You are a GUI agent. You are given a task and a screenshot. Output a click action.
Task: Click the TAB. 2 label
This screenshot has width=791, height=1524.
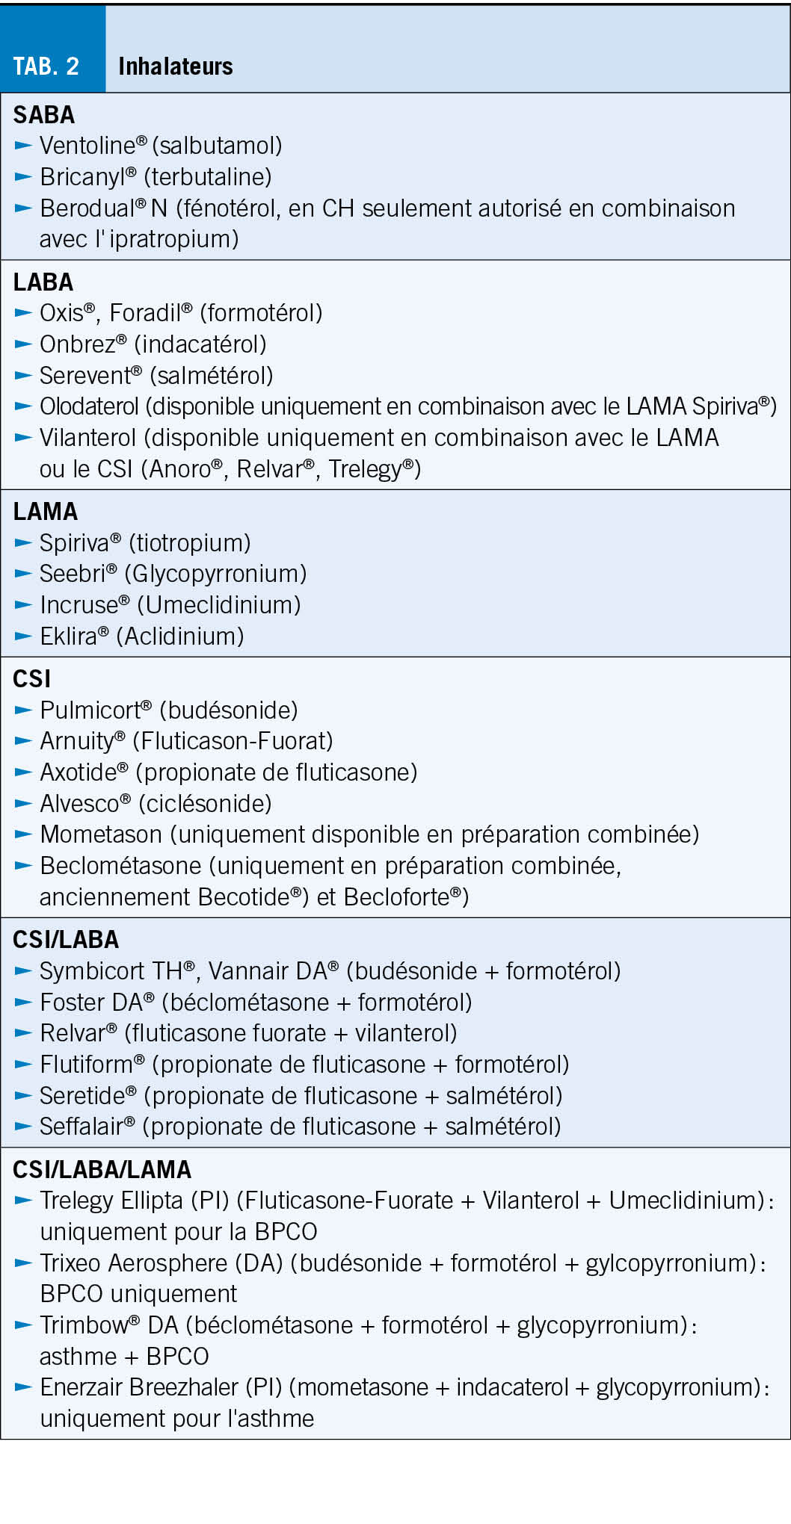pos(46,66)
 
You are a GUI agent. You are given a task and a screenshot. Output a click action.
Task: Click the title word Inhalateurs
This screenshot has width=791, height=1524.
pos(176,66)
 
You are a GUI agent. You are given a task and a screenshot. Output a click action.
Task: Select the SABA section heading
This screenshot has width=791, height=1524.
pos(44,115)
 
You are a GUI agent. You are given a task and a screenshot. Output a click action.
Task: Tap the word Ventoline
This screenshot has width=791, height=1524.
pos(87,146)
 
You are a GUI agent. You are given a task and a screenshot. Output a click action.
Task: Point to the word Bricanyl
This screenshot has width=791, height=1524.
pos(83,177)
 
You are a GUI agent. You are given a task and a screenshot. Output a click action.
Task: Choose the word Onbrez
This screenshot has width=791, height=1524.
pos(77,344)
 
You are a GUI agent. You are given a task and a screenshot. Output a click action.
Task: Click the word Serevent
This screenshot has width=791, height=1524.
pos(85,376)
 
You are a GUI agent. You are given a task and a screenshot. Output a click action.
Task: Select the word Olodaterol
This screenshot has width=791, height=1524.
pos(89,406)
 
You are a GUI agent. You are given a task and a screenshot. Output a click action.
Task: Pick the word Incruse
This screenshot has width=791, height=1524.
pos(79,605)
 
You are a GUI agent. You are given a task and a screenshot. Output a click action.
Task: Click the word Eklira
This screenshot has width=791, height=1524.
pos(69,636)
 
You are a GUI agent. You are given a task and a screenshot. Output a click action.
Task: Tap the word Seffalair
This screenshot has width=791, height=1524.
pos(81,1126)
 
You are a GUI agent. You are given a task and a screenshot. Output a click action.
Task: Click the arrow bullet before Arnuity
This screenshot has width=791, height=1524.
pos(23,741)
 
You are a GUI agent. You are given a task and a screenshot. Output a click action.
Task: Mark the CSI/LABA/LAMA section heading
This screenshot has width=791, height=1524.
pos(102,1169)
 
